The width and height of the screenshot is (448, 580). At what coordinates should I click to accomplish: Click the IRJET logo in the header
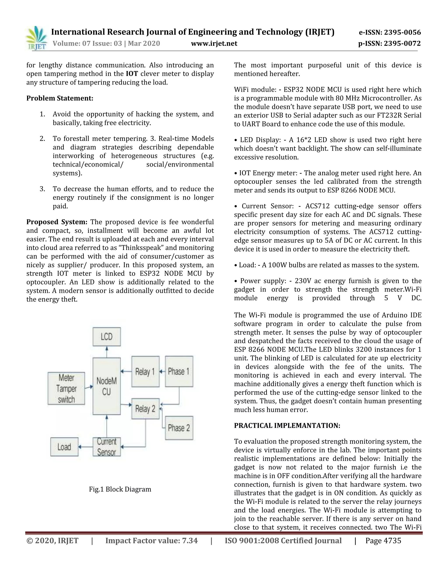point(37,38)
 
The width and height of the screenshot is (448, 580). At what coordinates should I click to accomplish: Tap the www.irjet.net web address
point(214,43)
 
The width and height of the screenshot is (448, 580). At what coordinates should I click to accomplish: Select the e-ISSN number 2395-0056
point(390,32)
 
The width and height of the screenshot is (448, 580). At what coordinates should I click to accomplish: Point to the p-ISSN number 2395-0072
point(389,43)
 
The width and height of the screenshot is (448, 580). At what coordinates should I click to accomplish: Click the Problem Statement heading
point(60,98)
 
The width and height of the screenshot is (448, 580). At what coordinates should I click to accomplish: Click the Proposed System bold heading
point(57,222)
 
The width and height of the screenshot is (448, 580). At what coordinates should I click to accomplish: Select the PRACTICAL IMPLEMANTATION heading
point(287,425)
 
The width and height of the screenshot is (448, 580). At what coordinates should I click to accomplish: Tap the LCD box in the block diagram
point(107,337)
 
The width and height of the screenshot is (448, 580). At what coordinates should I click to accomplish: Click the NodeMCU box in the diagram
point(107,386)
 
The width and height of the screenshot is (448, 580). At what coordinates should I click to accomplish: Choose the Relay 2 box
point(145,409)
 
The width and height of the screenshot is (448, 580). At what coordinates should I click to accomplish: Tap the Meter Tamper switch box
point(66,388)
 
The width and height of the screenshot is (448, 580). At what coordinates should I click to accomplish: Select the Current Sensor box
point(107,447)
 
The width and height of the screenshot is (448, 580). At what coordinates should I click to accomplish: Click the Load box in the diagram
point(65,447)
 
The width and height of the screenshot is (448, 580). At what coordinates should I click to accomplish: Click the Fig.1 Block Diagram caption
point(120,489)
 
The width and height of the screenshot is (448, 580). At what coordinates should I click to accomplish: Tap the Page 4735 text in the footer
point(383,541)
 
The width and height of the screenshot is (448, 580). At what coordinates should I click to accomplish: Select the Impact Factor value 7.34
point(152,541)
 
